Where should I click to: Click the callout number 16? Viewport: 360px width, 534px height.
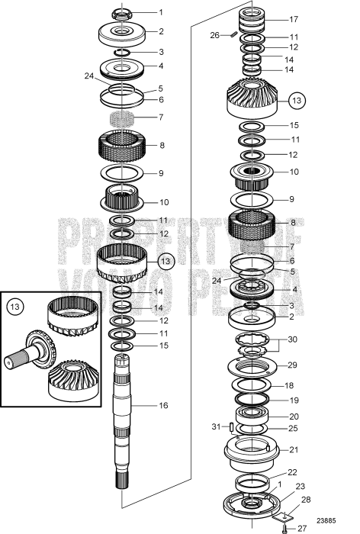pyautogui.click(x=163, y=406)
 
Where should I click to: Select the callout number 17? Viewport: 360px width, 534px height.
pyautogui.click(x=294, y=19)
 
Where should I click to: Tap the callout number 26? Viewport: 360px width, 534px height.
pyautogui.click(x=214, y=34)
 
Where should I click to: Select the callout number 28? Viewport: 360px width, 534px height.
pyautogui.click(x=305, y=500)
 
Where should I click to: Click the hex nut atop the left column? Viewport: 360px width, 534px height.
pyautogui.click(x=123, y=13)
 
